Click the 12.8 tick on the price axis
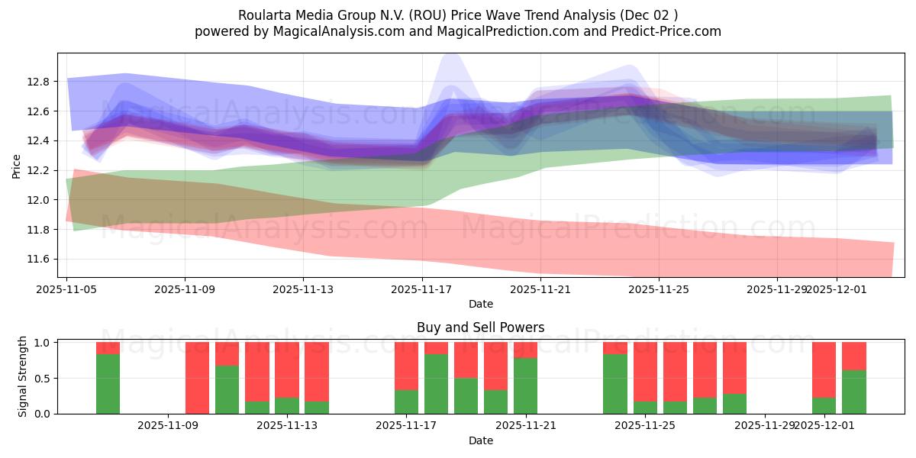(39, 82)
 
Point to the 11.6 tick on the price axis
(39, 260)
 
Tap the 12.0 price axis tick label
(39, 200)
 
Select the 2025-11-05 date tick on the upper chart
(67, 289)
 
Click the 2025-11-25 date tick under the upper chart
(660, 289)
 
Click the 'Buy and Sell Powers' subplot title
(480, 327)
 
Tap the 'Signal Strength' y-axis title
(23, 376)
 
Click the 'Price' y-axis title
(17, 167)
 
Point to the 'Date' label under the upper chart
(480, 304)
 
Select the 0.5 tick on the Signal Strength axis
(42, 379)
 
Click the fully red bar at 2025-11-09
(197, 378)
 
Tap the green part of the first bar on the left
(108, 384)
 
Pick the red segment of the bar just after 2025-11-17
(436, 348)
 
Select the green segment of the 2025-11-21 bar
(525, 385)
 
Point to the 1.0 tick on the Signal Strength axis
(42, 343)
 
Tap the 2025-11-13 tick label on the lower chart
(287, 426)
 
